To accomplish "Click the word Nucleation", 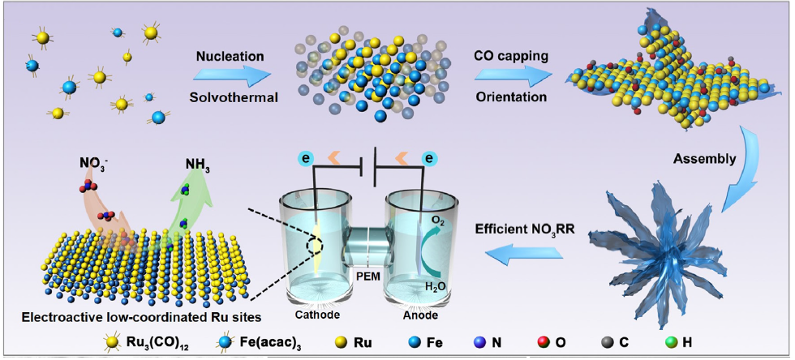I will [230, 57].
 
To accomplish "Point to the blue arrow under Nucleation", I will [230, 76].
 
